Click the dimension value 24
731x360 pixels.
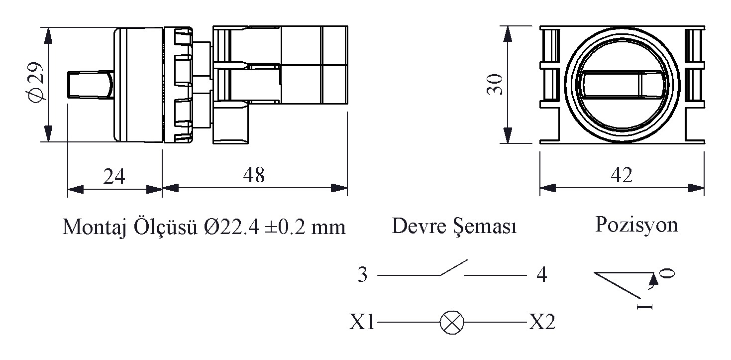click(114, 177)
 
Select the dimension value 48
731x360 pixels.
click(254, 175)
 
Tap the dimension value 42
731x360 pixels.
click(622, 175)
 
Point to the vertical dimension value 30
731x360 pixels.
click(495, 84)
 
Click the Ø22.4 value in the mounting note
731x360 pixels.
click(232, 227)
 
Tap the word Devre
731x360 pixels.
click(419, 226)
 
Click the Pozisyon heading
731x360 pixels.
click(636, 226)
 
